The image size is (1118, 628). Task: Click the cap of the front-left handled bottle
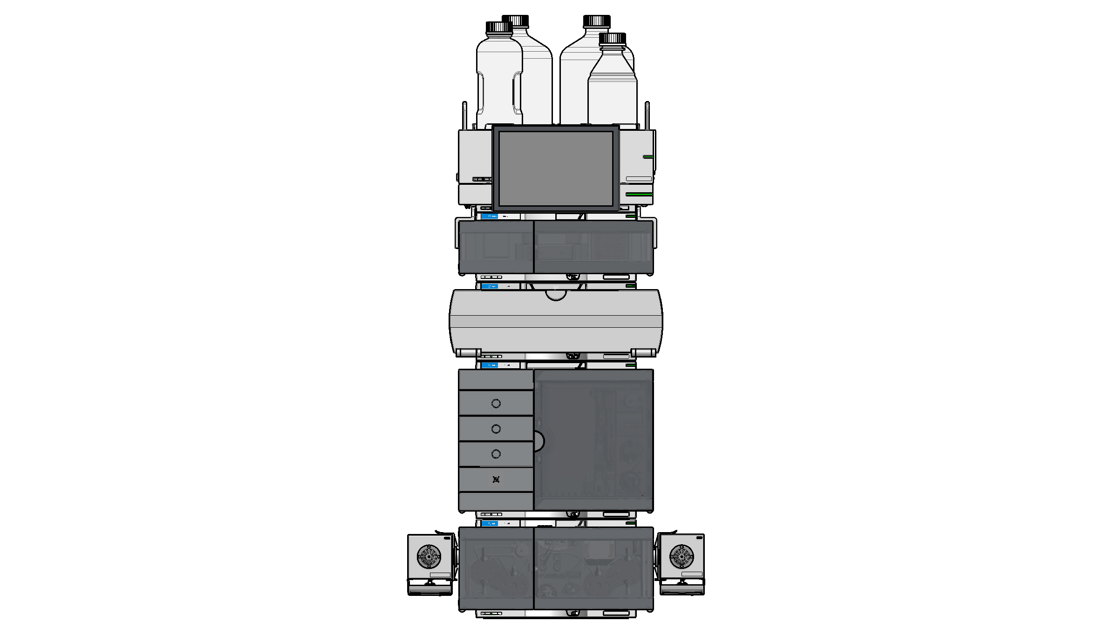pyautogui.click(x=499, y=27)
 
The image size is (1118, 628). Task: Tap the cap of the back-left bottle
pyautogui.click(x=515, y=20)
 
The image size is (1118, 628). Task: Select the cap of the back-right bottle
pyautogui.click(x=597, y=21)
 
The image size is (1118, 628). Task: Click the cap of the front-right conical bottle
pyautogui.click(x=612, y=38)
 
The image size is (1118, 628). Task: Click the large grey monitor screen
pyautogui.click(x=556, y=168)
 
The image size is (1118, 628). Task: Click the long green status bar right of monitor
pyautogui.click(x=639, y=194)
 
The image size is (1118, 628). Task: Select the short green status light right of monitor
pyautogui.click(x=648, y=157)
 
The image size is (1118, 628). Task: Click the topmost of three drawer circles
pyautogui.click(x=496, y=404)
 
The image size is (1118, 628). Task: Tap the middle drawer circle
pyautogui.click(x=496, y=429)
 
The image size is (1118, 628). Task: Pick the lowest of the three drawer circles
pyautogui.click(x=496, y=454)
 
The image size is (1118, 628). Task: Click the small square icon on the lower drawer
pyautogui.click(x=496, y=479)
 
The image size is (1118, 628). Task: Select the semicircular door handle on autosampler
pyautogui.click(x=539, y=441)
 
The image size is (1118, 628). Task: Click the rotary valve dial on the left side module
pyautogui.click(x=429, y=556)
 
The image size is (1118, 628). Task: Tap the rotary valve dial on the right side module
pyautogui.click(x=682, y=556)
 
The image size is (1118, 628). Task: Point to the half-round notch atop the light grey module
pyautogui.click(x=556, y=295)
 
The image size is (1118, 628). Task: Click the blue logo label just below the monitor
pyautogui.click(x=490, y=216)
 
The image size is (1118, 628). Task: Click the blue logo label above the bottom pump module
pyautogui.click(x=490, y=524)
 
